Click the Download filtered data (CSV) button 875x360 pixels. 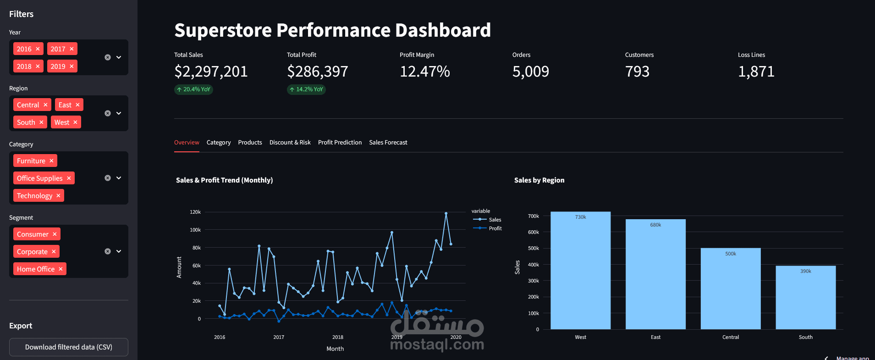click(x=69, y=347)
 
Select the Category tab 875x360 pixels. click(x=219, y=143)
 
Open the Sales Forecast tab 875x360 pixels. click(x=388, y=143)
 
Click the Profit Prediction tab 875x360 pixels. click(x=340, y=143)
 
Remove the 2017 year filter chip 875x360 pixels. click(x=72, y=49)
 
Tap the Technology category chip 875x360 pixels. click(x=35, y=196)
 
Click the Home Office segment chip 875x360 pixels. click(x=36, y=269)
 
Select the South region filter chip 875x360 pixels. click(x=26, y=122)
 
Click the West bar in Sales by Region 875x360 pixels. click(x=580, y=271)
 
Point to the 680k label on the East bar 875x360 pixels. click(x=655, y=225)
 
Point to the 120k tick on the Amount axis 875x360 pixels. click(x=195, y=212)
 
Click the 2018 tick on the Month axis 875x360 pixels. click(x=338, y=337)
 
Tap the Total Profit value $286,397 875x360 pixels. click(x=318, y=72)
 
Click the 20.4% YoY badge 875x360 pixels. click(x=194, y=89)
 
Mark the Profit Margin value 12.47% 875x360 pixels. click(x=425, y=72)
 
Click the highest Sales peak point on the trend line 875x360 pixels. click(x=446, y=213)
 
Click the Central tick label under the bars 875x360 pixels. click(x=731, y=337)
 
